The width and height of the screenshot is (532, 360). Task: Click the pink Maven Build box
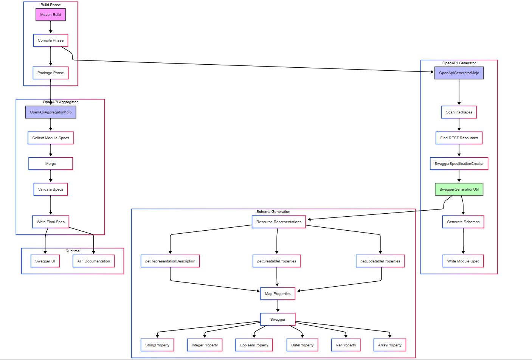pos(51,15)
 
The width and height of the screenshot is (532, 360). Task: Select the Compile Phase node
pos(51,40)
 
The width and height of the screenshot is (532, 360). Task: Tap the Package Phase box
pos(51,73)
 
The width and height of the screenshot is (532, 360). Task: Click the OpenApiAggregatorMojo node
pos(51,112)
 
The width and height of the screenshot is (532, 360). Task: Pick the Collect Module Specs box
pos(51,138)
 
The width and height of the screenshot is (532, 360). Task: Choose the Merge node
pos(51,164)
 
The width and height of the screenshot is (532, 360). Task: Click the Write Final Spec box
pos(51,222)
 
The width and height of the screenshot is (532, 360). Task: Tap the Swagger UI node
pos(45,261)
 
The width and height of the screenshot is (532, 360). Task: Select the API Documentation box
pos(93,261)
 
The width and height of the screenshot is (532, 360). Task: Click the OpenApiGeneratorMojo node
pos(459,73)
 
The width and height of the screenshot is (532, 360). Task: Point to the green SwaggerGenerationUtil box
pos(459,189)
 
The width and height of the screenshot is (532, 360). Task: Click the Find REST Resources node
pos(459,138)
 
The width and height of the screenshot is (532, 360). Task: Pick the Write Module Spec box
pos(463,261)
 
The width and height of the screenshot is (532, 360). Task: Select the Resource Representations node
pos(279,222)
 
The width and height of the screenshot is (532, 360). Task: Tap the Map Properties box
pos(278,294)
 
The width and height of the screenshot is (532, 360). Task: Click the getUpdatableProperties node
pos(380,261)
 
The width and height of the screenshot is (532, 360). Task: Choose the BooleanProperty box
pos(254,345)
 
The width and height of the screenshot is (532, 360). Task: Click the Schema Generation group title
pos(273,212)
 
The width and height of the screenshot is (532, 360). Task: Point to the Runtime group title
pos(73,251)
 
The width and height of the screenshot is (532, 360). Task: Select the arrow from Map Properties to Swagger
pos(278,306)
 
